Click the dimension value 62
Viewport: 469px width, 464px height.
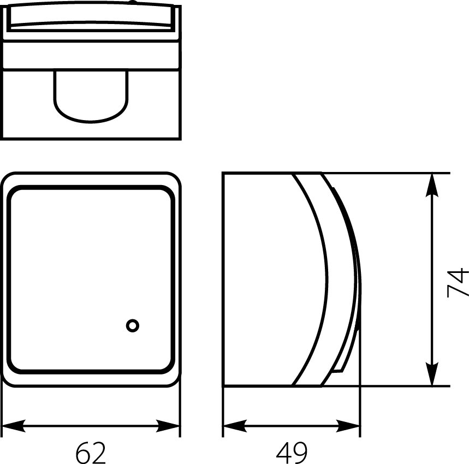click(90, 453)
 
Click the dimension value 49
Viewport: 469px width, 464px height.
click(292, 453)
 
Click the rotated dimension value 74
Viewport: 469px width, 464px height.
click(458, 282)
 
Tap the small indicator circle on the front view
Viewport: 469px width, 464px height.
click(132, 326)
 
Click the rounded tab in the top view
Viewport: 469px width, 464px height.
click(90, 96)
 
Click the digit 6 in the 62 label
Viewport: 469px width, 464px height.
click(82, 453)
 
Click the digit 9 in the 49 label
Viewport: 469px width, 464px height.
click(300, 453)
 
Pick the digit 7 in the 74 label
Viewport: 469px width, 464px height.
click(458, 290)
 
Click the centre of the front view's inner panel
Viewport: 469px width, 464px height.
click(91, 279)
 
